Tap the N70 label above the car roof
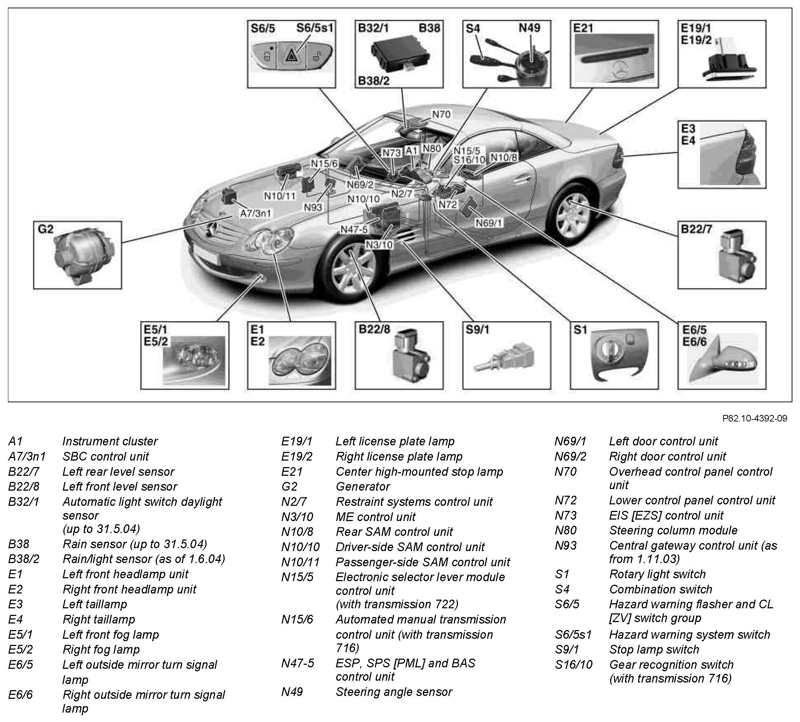point(441,114)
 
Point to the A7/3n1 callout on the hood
point(255,213)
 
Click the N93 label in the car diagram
point(313,207)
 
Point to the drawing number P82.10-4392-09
point(754,418)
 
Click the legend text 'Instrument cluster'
point(110,441)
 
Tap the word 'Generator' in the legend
point(363,487)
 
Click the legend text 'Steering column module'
point(673,530)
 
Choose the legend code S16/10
point(574,664)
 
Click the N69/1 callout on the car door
point(489,223)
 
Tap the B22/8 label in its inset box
point(374,329)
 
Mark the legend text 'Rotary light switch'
point(657,574)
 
